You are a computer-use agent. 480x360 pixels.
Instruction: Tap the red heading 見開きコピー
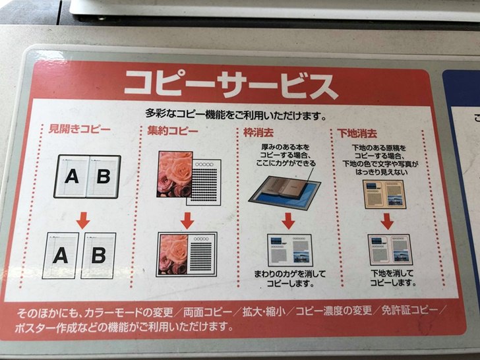click(x=80, y=129)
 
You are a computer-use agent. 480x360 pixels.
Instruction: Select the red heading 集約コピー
click(x=173, y=131)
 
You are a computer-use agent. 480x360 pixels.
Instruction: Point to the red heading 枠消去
click(x=258, y=133)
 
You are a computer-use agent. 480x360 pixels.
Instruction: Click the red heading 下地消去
click(x=357, y=133)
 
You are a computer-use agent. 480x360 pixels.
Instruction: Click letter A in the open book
click(x=72, y=176)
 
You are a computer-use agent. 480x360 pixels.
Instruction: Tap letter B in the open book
click(x=103, y=176)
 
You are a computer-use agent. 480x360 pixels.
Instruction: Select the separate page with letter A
click(x=60, y=256)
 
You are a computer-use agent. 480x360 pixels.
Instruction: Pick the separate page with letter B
click(x=98, y=256)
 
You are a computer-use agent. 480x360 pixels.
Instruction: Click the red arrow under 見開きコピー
click(x=83, y=220)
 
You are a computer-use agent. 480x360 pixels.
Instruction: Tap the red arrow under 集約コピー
click(x=187, y=220)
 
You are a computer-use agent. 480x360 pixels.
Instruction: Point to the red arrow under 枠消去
click(x=287, y=221)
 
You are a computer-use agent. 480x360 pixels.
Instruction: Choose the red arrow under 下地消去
click(x=387, y=222)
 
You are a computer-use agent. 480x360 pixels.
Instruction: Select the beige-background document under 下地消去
click(x=384, y=195)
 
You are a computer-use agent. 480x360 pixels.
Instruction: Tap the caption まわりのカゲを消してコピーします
click(x=289, y=278)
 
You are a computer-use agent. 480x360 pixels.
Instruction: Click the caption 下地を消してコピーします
click(x=392, y=278)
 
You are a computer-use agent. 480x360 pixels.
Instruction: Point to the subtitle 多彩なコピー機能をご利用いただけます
click(x=235, y=115)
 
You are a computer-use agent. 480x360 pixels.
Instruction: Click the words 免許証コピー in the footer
click(x=409, y=310)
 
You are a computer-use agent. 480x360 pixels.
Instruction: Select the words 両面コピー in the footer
click(x=208, y=312)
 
